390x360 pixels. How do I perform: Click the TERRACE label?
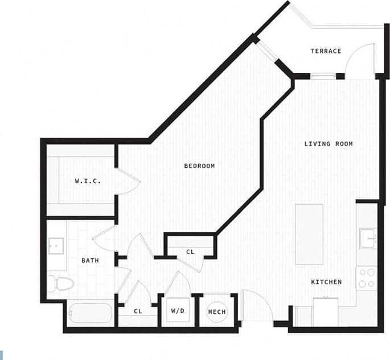[x=326, y=51]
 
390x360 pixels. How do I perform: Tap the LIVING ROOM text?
[x=328, y=144]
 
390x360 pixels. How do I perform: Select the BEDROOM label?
[x=199, y=166]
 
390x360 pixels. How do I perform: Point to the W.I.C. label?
[x=88, y=181]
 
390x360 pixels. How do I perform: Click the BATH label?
[x=90, y=260]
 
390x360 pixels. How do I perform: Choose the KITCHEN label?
[x=326, y=282]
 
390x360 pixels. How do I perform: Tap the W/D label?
[x=176, y=312]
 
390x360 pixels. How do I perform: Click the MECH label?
[x=217, y=312]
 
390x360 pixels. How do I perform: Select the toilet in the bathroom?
[x=61, y=283]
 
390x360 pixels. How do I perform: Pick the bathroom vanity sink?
[x=56, y=246]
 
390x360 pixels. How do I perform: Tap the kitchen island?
[x=309, y=233]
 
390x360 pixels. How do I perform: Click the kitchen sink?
[x=367, y=238]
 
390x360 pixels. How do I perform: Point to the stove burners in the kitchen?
[x=367, y=278]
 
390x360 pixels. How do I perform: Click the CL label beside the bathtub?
[x=138, y=312]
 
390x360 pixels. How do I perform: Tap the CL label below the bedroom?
[x=190, y=251]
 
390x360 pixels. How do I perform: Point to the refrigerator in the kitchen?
[x=326, y=312]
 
